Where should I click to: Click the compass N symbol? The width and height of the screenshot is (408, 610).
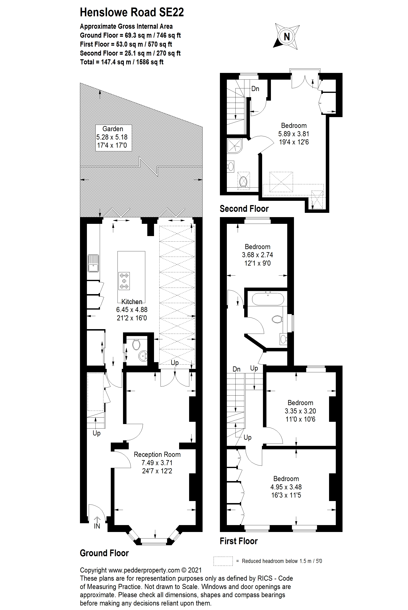(x=286, y=37)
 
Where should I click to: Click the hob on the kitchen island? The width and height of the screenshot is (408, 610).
(x=124, y=281)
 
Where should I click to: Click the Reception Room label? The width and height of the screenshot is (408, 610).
(x=157, y=454)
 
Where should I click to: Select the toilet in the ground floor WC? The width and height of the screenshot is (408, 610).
(x=136, y=345)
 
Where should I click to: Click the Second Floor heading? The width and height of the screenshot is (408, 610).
(x=244, y=209)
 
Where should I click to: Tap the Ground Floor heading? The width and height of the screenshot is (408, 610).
(x=104, y=553)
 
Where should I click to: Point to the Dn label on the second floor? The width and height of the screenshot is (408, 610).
(x=255, y=89)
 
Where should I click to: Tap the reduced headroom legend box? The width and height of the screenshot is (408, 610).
(x=223, y=561)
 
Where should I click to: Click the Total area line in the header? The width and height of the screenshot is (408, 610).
(x=122, y=62)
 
